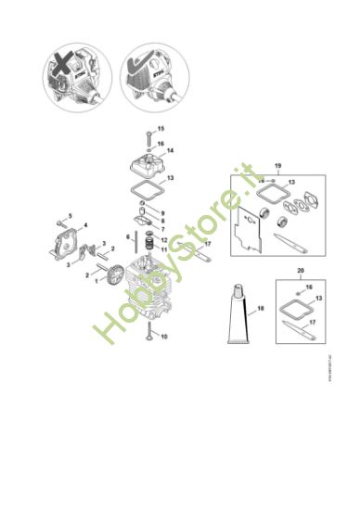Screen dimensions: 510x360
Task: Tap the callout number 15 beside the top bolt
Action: [x=160, y=128]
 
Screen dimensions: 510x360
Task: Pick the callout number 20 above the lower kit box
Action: [x=300, y=271]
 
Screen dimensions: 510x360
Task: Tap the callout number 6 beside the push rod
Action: [x=129, y=237]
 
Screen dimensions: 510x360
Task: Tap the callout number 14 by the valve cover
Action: [x=170, y=149]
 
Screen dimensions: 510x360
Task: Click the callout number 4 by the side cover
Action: [x=87, y=225]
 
